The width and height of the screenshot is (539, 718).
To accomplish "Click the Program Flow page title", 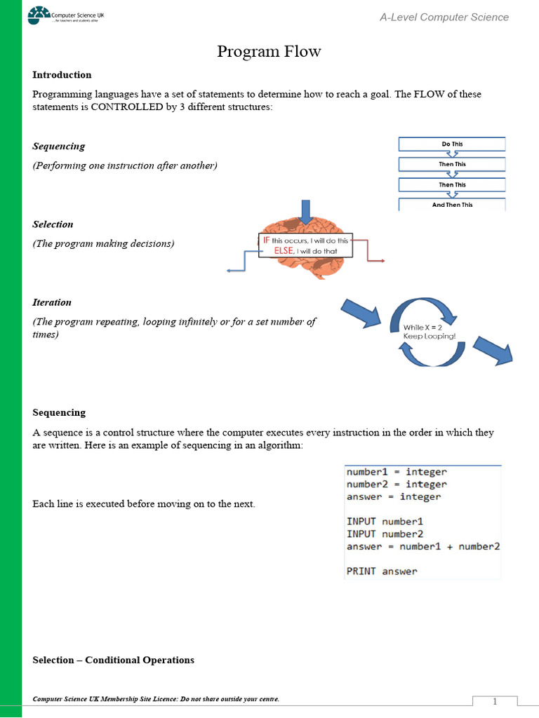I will coord(269,51).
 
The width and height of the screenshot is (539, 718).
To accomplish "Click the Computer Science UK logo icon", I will coord(39,15).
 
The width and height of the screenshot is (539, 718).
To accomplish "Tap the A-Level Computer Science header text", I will coord(444,17).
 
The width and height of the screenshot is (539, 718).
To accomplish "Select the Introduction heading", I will coord(62,75).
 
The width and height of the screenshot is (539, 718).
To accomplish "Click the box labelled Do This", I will coord(452,144).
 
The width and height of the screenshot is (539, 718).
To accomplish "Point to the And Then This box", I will coord(452,205).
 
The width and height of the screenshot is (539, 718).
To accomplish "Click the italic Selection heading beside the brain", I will coord(53,224).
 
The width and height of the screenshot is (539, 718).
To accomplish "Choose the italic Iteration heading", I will coord(52,302).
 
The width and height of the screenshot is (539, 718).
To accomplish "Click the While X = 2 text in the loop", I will coord(422,327).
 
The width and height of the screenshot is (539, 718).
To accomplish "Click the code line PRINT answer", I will coord(382,571).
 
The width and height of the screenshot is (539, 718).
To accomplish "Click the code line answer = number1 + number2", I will coord(422,546).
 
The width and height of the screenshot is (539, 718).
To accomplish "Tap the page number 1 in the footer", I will coord(494,702).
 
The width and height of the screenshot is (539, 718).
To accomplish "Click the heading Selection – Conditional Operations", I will coord(114,660).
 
